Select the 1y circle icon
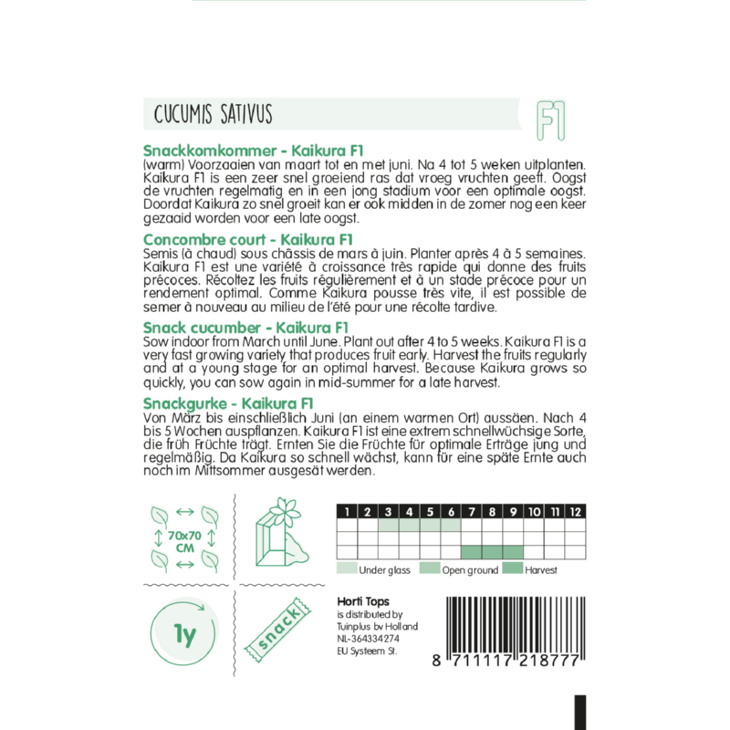182,632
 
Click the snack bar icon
278,632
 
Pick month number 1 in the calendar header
347,511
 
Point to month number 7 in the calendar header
472,511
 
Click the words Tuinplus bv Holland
377,627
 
